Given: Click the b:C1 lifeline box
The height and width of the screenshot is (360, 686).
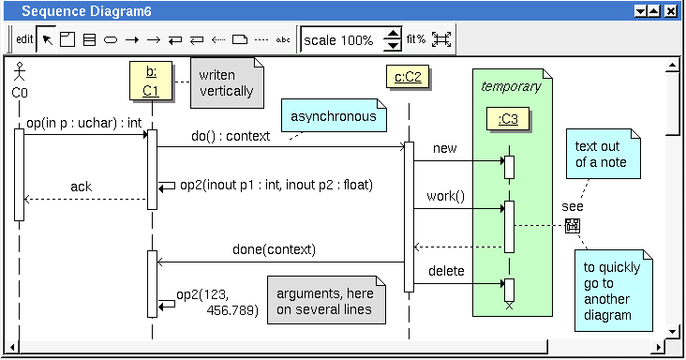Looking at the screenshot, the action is pos(151,81).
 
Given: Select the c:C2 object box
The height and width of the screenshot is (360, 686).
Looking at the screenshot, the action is pos(408,77).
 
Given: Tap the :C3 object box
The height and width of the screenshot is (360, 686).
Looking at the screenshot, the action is pos(508,118).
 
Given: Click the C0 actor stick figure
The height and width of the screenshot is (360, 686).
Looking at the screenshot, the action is pos(20,72).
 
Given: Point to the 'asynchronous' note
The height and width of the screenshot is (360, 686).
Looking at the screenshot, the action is pos(334,115).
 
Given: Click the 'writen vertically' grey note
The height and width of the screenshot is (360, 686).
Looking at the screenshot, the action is pos(227,82).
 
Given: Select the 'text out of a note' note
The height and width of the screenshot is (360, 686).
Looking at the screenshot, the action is pos(604,154).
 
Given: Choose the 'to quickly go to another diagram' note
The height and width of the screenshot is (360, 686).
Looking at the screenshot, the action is pos(614,291).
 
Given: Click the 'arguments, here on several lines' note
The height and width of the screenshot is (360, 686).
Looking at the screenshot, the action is pos(326,300).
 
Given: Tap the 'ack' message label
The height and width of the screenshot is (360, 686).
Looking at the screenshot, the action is pos(82,187).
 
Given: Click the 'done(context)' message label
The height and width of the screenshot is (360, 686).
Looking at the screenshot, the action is pos(274,249).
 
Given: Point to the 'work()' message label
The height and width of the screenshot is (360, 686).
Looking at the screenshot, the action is pos(446,196).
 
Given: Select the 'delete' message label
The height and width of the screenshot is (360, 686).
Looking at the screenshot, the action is pos(446,271).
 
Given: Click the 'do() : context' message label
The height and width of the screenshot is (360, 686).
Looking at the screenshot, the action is pos(231,136).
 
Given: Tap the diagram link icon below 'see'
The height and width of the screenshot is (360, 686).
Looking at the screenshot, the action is pos(573,226).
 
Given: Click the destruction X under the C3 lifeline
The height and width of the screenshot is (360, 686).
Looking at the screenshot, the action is pos(509,306).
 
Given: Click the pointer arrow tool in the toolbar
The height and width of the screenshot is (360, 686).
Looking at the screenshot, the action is pos(47,39).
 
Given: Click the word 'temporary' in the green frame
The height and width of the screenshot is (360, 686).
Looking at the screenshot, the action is pos(511,87).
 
